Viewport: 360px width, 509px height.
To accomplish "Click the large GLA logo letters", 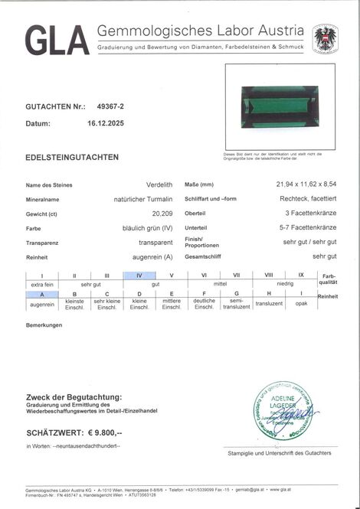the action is click(x=57, y=41).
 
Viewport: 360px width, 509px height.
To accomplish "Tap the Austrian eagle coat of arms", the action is click(x=325, y=38).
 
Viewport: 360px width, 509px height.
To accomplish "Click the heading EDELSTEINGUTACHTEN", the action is click(x=72, y=158).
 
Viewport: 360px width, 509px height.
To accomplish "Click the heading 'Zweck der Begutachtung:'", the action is click(x=74, y=396).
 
